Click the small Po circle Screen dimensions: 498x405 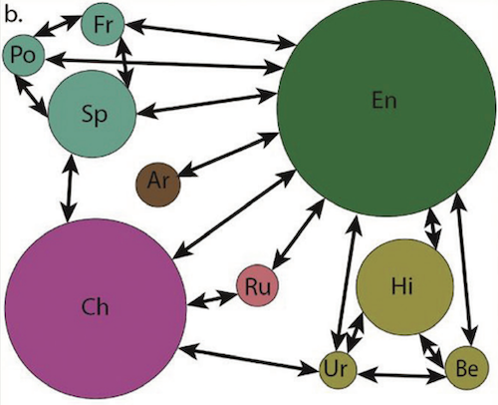[23, 55]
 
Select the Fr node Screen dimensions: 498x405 [103, 24]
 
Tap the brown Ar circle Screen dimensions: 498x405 [158, 185]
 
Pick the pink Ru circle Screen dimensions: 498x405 [257, 285]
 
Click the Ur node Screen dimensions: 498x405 [338, 369]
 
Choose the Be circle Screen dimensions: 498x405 [467, 368]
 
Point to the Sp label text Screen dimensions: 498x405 [95, 115]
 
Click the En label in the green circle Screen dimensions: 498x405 [384, 100]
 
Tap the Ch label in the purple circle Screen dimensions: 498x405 [95, 306]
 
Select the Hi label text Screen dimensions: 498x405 [402, 286]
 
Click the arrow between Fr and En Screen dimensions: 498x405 [211, 34]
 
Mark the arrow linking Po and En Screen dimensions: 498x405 [164, 64]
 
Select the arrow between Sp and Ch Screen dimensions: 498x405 [70, 189]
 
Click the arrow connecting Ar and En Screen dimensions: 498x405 [229, 154]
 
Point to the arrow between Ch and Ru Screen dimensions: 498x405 [212, 299]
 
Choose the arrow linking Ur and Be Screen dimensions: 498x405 [401, 375]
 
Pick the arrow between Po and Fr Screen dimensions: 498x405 [57, 25]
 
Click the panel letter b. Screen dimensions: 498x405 [13, 15]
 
